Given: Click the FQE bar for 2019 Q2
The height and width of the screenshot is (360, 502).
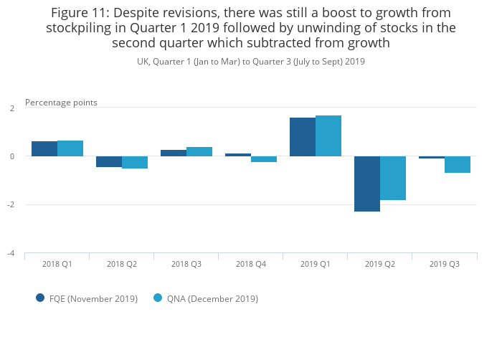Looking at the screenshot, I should [367, 184].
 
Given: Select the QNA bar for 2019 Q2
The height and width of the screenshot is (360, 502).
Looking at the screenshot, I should [393, 178].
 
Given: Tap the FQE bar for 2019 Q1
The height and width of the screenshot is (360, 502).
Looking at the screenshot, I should [303, 137].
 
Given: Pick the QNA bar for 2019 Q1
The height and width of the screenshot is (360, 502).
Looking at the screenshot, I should [328, 136].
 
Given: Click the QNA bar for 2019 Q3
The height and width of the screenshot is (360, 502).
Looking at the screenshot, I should [458, 164].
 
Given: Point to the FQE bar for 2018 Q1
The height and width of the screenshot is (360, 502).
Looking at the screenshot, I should [44, 148].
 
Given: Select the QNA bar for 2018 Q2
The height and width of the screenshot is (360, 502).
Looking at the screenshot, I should [135, 162].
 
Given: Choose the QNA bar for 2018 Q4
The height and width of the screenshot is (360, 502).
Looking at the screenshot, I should [264, 159].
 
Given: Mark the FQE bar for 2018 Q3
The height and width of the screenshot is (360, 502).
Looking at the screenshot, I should [174, 153].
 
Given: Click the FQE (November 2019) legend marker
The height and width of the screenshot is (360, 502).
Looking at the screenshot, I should [41, 298].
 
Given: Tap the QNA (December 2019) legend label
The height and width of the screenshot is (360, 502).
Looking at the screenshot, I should [212, 299].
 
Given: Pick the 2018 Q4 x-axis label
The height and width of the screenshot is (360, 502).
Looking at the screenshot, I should [250, 265].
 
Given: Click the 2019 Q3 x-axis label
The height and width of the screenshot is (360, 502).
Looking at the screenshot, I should [444, 265].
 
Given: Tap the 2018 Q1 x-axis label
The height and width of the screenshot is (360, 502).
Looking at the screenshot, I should [57, 265].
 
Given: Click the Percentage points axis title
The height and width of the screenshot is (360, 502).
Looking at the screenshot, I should [61, 103].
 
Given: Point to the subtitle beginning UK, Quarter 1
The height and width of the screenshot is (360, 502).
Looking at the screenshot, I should [251, 62].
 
